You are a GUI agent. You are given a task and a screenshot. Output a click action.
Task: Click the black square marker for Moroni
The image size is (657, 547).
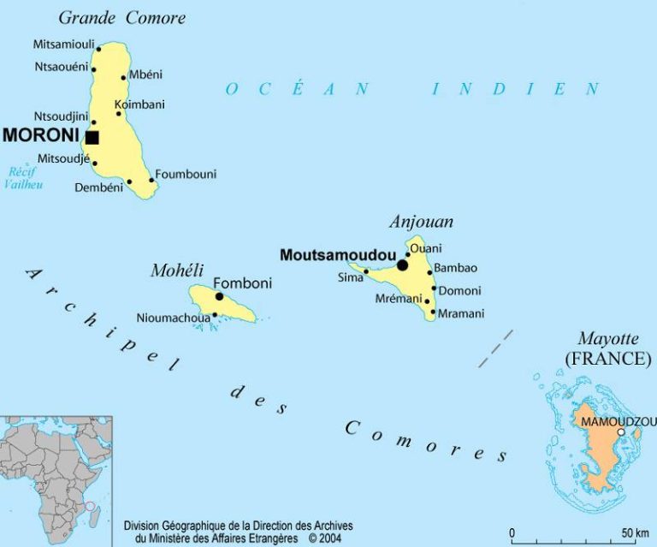92,137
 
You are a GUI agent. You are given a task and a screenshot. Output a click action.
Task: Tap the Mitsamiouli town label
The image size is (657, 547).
65,44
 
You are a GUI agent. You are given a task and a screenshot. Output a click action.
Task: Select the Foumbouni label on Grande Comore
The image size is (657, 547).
186,174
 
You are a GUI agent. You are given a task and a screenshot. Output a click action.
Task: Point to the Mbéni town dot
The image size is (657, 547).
124,77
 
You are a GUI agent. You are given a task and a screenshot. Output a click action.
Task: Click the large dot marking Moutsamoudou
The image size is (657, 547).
402,265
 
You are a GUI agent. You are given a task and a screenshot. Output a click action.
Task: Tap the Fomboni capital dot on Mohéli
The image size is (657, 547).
219,296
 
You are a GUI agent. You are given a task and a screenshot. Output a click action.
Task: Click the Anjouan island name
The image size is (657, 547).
421,222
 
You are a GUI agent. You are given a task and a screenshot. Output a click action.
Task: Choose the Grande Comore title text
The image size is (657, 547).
121,17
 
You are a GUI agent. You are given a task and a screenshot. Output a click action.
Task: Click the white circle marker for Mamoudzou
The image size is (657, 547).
620,432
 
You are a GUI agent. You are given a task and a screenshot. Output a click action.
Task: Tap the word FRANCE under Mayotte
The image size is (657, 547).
607,359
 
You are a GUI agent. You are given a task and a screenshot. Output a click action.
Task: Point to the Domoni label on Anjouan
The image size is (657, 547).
460,291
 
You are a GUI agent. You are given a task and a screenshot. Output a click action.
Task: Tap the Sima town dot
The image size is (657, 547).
366,272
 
